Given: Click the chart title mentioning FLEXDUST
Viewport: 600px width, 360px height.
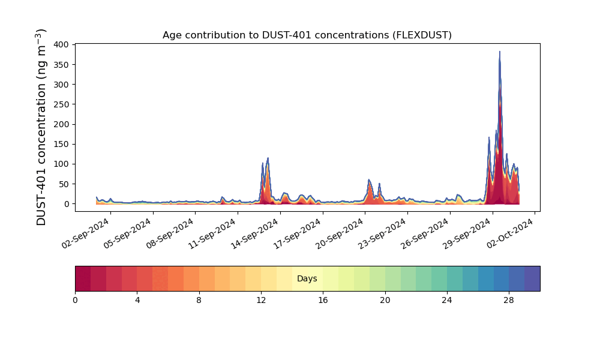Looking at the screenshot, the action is pos(307,35).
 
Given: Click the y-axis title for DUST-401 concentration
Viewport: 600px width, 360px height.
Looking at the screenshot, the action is pos(41,127).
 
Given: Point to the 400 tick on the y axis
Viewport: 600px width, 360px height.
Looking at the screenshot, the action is pos(61,45).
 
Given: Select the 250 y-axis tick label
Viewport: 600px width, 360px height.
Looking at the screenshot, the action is pos(61,104).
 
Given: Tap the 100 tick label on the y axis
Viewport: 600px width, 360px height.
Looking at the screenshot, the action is pos(61,164).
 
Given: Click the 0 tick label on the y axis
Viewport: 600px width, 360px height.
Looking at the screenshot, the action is pos(67,204).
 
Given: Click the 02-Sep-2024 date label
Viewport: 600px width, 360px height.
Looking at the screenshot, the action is pos(86,233).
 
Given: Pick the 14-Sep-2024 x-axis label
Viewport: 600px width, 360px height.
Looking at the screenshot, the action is pos(255,233).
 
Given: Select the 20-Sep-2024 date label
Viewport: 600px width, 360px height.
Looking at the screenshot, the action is pos(340,233).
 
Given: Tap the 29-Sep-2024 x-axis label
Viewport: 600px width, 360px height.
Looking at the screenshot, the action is pos(467,233).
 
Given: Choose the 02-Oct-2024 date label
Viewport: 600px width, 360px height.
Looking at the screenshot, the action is pos(509,233).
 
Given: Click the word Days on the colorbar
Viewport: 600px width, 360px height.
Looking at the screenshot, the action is pos(307,278).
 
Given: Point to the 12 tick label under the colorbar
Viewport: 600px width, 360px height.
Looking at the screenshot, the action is pos(261,301).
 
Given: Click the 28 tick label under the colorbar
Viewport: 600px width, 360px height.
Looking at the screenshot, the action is pos(509,301).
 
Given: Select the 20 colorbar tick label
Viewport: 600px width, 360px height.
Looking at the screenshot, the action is pos(385,301).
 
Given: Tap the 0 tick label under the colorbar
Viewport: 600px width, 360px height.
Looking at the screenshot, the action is pos(75,301).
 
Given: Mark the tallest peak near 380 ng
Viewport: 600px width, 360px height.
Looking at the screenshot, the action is pos(499,52).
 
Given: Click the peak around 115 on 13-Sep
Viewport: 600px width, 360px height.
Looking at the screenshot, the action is pos(268,158).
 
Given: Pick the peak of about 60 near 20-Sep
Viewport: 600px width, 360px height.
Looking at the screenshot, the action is pos(369,180).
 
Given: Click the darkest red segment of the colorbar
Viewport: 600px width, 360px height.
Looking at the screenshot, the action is pos(83,278).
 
